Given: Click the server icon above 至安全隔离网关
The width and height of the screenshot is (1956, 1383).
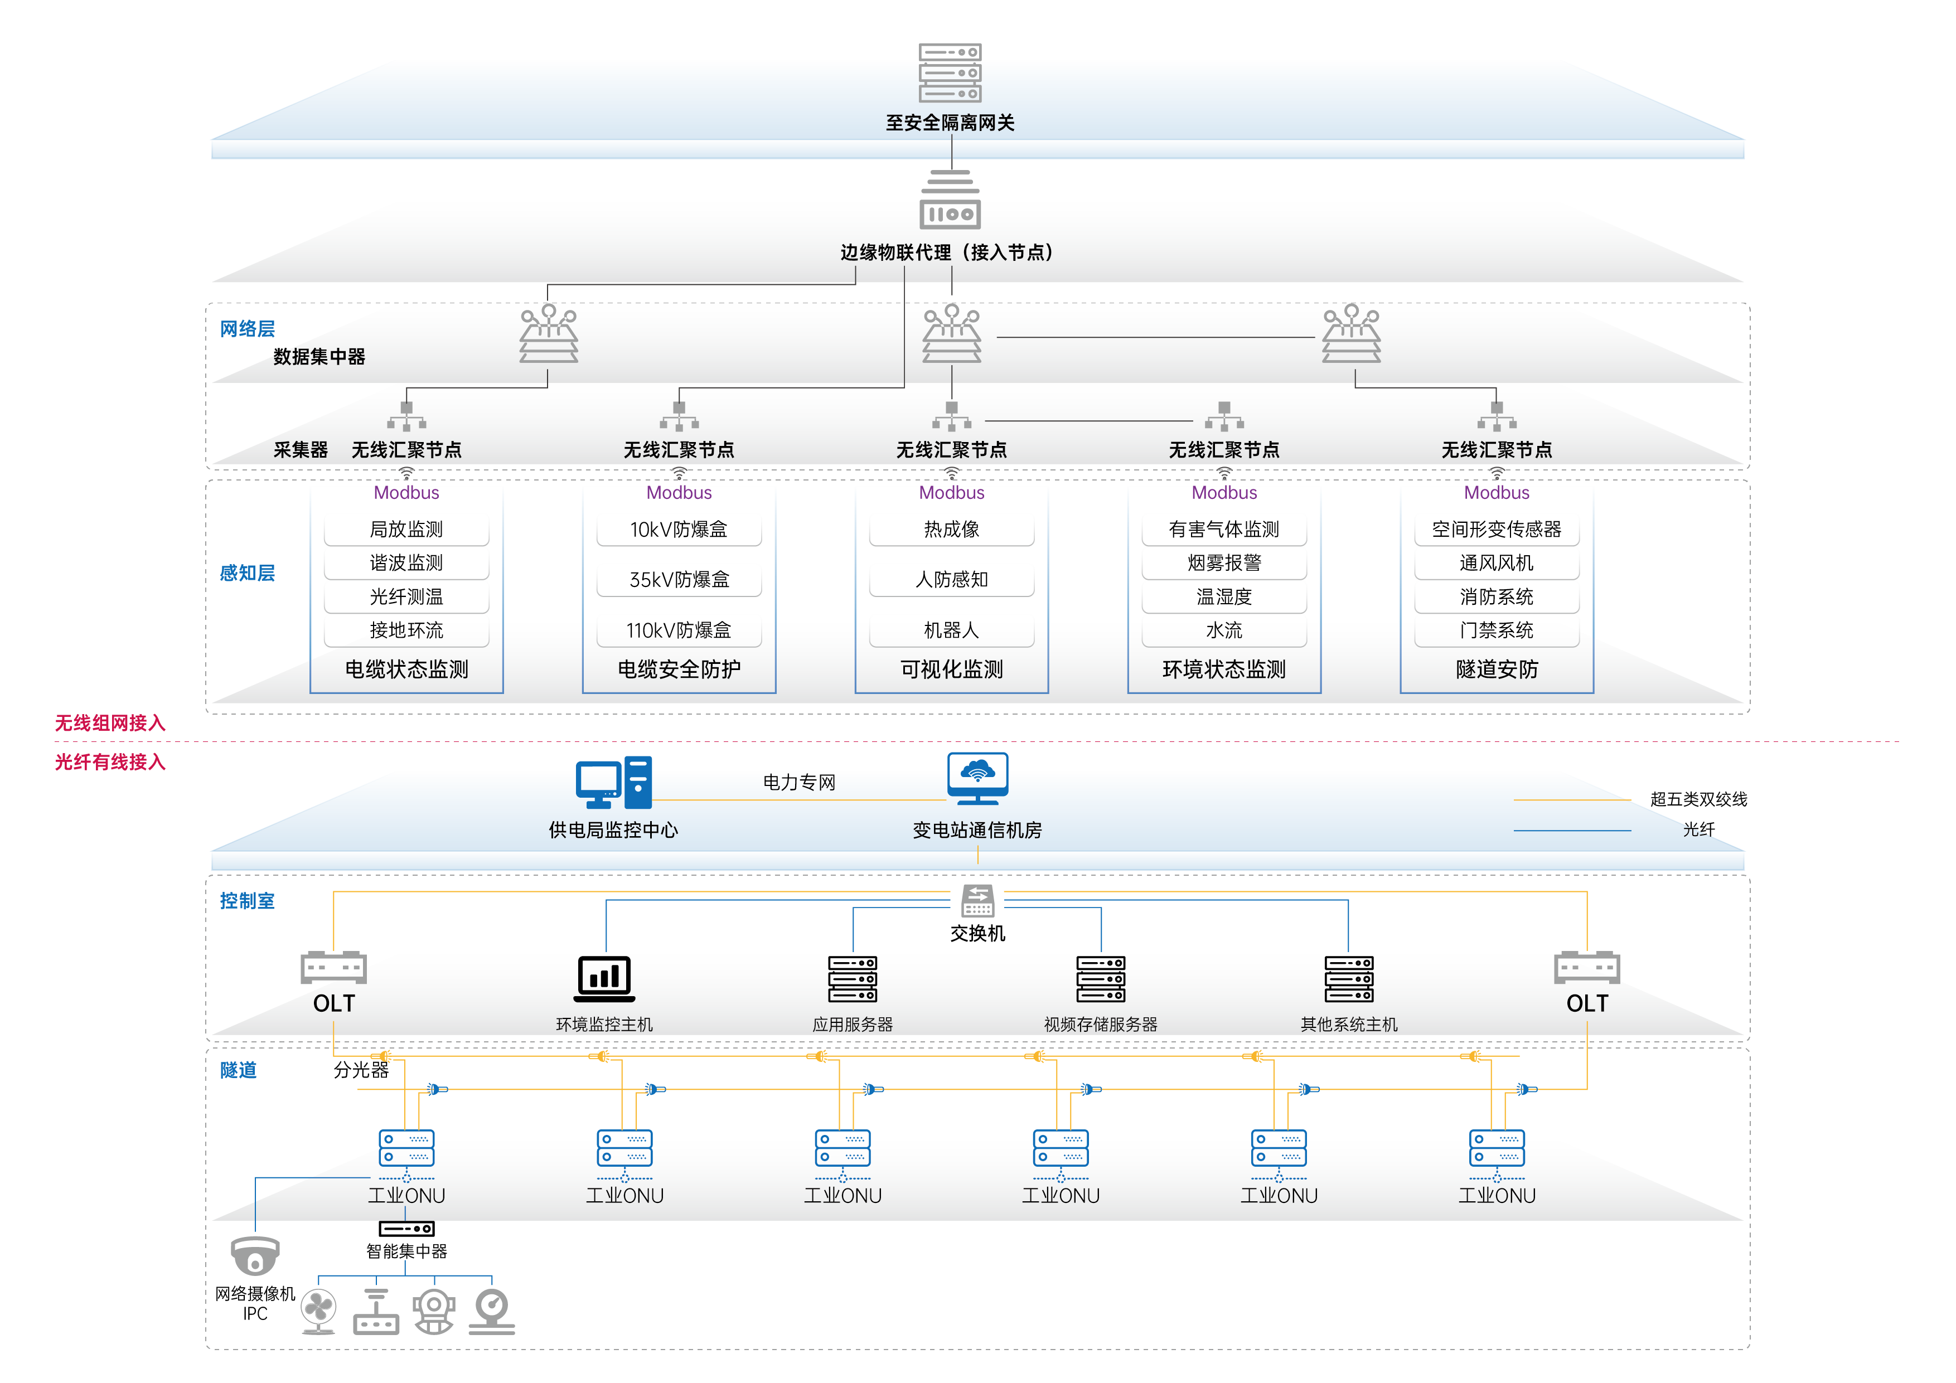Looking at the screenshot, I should [x=950, y=73].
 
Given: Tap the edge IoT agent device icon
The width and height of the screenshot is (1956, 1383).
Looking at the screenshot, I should [x=950, y=201].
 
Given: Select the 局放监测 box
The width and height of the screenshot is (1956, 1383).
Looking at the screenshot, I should [x=406, y=529].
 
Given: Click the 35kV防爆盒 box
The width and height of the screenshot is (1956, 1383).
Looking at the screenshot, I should [x=679, y=580].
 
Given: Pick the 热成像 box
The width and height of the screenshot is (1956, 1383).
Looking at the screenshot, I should [x=952, y=529].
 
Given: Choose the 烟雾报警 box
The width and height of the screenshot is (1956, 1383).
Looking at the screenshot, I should [x=1224, y=563].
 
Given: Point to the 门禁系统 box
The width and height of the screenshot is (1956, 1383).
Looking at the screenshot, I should [x=1497, y=630].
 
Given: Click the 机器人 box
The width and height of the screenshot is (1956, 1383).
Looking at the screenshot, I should [x=952, y=630].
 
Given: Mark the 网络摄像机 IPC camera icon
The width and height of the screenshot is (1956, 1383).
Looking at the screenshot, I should [x=255, y=1256].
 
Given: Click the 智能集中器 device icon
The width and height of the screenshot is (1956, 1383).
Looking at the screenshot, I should [x=406, y=1229].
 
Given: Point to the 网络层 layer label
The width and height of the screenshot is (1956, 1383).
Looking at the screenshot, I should [x=247, y=329].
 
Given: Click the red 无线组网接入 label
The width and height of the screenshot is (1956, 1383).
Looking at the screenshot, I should [x=110, y=723].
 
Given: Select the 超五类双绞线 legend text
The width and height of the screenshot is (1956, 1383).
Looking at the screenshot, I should [x=1698, y=799].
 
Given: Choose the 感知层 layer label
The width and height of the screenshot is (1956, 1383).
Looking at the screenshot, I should [x=247, y=573].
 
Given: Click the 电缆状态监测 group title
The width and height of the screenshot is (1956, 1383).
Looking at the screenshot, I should [x=406, y=669].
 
